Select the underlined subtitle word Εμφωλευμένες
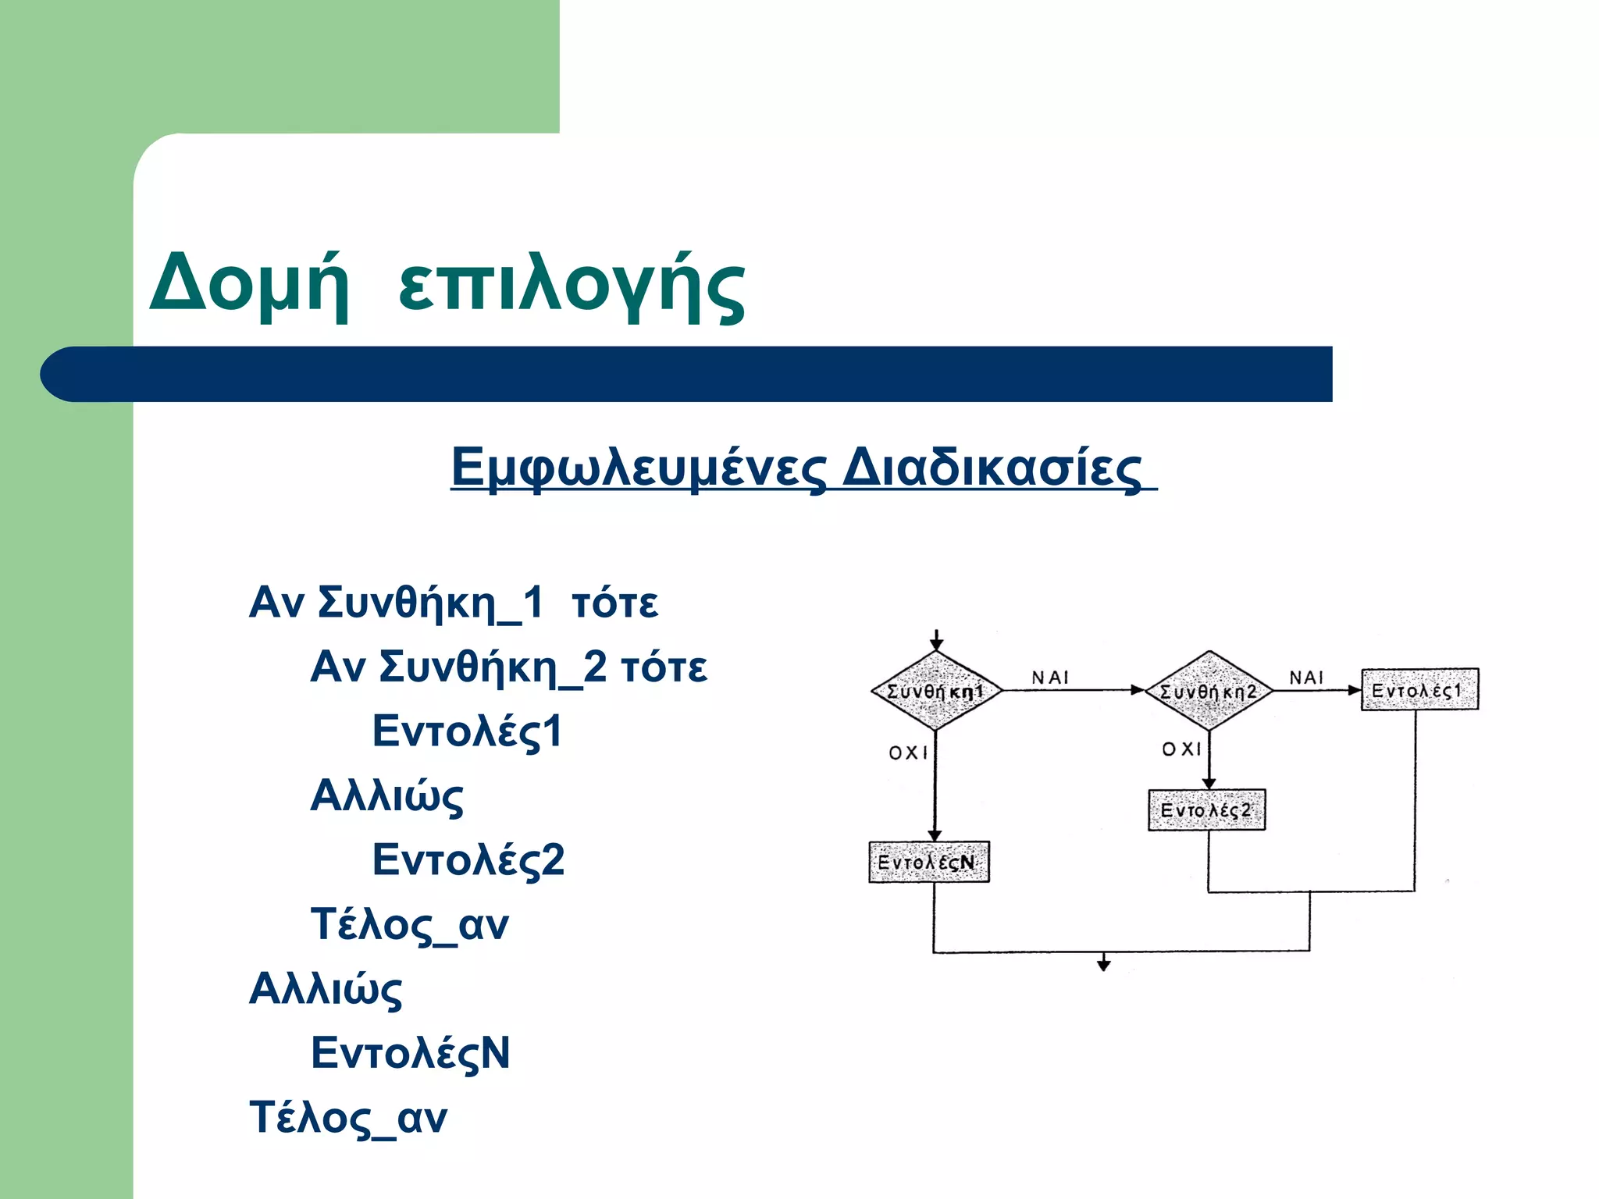click(x=638, y=468)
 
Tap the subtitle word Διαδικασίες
click(x=992, y=468)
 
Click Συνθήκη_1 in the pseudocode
click(x=430, y=603)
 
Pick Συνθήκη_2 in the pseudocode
click(x=493, y=667)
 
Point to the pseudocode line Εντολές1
click(x=467, y=731)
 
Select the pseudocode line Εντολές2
click(x=468, y=860)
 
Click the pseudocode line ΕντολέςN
click(x=410, y=1053)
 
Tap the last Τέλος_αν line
click(x=348, y=1118)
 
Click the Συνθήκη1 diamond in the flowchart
click(x=936, y=691)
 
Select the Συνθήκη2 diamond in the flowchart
click(x=1209, y=691)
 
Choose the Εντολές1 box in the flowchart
click(x=1419, y=690)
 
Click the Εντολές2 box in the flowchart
click(x=1206, y=810)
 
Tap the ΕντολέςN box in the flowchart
click(x=928, y=862)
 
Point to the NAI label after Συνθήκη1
click(x=1050, y=678)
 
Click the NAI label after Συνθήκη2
click(x=1306, y=678)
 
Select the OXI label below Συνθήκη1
click(x=908, y=752)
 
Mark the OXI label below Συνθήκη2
click(x=1181, y=749)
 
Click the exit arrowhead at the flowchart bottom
click(x=1103, y=965)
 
